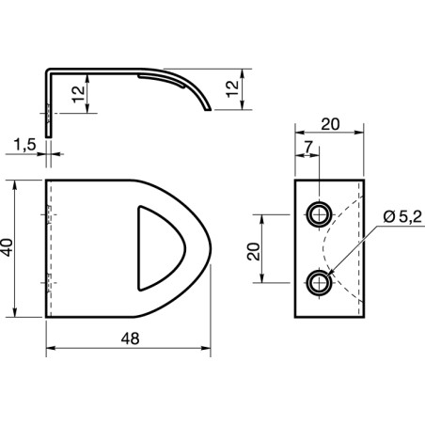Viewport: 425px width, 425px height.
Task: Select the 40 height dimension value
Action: (x=8, y=248)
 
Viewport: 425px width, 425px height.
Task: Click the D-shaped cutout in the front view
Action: (x=155, y=247)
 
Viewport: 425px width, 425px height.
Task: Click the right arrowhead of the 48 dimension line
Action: (x=207, y=349)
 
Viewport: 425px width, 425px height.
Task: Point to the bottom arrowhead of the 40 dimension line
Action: (x=18, y=314)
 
